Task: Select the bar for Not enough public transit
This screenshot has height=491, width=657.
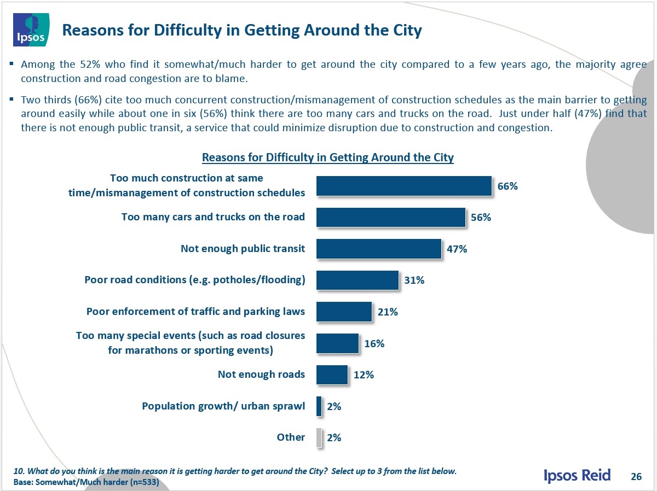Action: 378,249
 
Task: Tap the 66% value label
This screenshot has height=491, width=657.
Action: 508,186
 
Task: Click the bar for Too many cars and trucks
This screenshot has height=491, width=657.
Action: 390,217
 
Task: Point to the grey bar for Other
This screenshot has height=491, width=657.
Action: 319,437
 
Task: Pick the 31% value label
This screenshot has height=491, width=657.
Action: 414,280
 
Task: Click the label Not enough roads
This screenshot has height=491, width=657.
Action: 261,375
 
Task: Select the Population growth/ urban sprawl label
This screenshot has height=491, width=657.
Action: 223,406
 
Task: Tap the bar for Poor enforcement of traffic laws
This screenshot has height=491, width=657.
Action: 344,312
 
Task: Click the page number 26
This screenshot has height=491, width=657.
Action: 636,476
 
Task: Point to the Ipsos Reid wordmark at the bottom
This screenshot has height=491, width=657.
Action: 577,476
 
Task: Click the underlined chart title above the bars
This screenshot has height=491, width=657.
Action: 327,157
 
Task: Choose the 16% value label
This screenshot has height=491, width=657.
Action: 374,343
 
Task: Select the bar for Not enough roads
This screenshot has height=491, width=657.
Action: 332,375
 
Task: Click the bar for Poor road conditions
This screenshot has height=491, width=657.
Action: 357,280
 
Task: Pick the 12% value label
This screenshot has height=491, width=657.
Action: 364,375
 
